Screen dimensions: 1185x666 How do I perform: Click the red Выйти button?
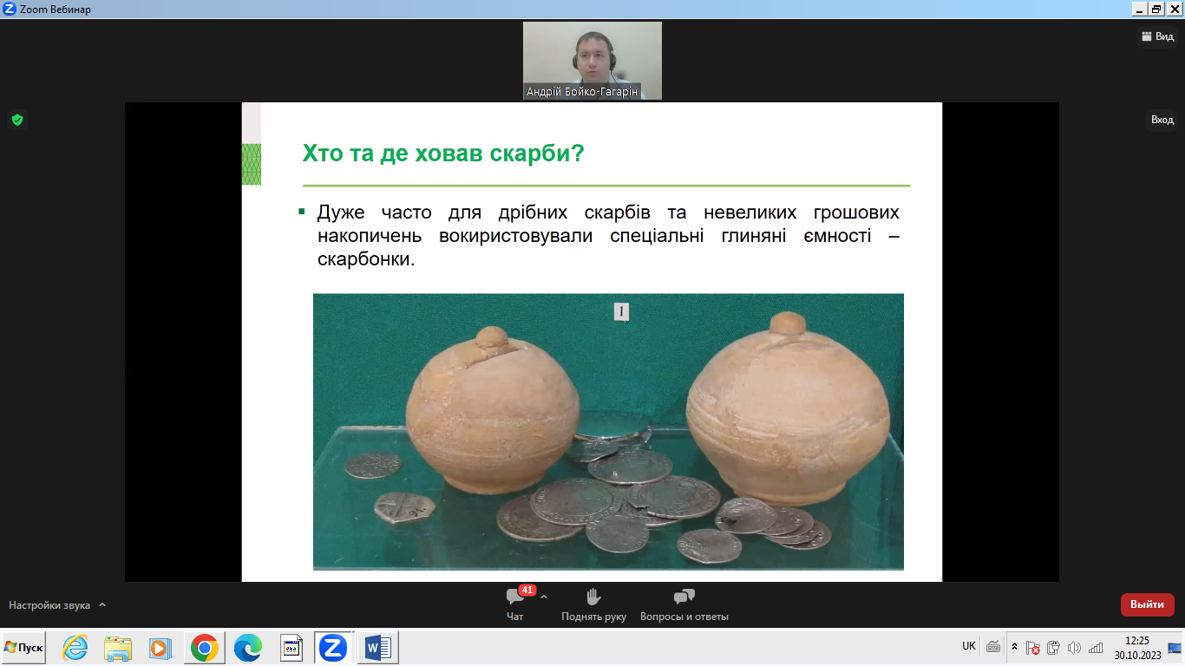pyautogui.click(x=1147, y=604)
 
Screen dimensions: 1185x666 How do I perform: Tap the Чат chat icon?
pyautogui.click(x=514, y=597)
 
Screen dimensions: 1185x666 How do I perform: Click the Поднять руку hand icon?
pyautogui.click(x=593, y=597)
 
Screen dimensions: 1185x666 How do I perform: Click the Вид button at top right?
pyautogui.click(x=1158, y=36)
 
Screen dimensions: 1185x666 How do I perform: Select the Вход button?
pyautogui.click(x=1162, y=120)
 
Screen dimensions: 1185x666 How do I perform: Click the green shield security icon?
pyautogui.click(x=17, y=120)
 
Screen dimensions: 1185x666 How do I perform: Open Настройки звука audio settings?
pyautogui.click(x=49, y=605)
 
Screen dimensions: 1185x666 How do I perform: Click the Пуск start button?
pyautogui.click(x=23, y=648)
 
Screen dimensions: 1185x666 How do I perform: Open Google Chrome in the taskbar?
pyautogui.click(x=204, y=648)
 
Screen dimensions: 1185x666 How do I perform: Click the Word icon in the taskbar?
pyautogui.click(x=377, y=648)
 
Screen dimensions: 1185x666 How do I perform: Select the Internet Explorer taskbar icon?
pyautogui.click(x=75, y=648)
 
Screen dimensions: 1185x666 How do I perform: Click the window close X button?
pyautogui.click(x=1175, y=9)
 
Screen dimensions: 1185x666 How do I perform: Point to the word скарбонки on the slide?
pyautogui.click(x=365, y=258)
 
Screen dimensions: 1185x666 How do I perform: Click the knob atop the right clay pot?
pyautogui.click(x=789, y=323)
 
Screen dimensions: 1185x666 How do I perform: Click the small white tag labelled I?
pyautogui.click(x=621, y=311)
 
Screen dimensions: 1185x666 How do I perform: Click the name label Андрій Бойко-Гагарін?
pyautogui.click(x=582, y=92)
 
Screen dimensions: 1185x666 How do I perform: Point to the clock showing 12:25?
pyautogui.click(x=1137, y=641)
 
